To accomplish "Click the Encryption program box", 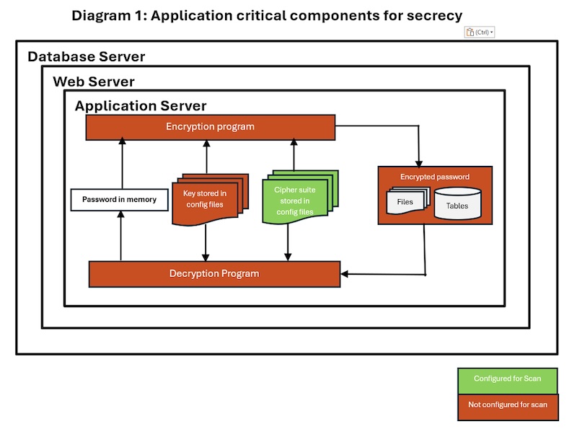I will [210, 127].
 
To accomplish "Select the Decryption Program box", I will [213, 274].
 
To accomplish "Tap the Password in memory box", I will [119, 200].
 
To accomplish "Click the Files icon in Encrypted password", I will [405, 202].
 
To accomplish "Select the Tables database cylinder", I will [457, 205].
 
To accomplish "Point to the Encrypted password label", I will [435, 177].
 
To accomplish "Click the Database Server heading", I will [86, 57].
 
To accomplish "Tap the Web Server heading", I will [93, 82].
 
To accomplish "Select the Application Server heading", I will [141, 106].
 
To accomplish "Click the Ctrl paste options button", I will [480, 32].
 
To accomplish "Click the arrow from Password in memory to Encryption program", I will [122, 164].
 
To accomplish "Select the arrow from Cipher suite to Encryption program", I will [294, 155].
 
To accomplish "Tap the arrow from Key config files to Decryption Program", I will [206, 244].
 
